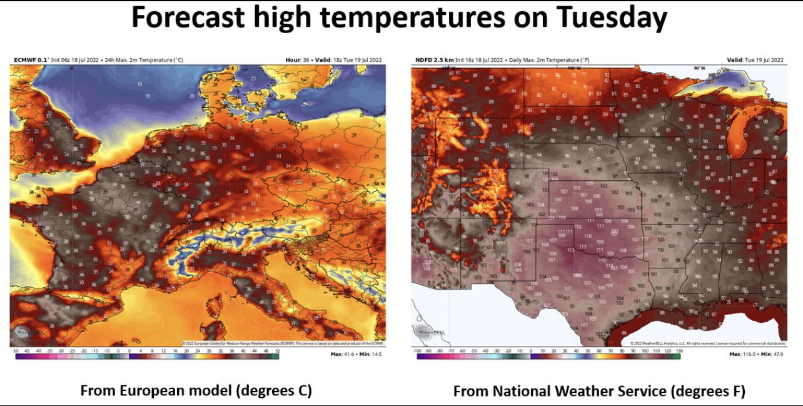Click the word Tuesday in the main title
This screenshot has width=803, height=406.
(605, 19)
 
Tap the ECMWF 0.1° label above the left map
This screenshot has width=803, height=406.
(31, 60)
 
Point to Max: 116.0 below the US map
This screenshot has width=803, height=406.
(745, 355)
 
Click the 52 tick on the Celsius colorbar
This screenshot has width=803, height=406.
(277, 352)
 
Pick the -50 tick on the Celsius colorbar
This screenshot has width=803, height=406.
(15, 352)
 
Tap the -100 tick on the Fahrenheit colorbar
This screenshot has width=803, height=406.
(417, 352)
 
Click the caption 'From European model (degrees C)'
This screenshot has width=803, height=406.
(196, 391)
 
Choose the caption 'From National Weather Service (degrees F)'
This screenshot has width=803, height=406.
(599, 392)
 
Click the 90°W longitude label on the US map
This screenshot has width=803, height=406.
(699, 68)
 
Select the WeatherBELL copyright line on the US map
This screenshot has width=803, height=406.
(704, 343)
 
